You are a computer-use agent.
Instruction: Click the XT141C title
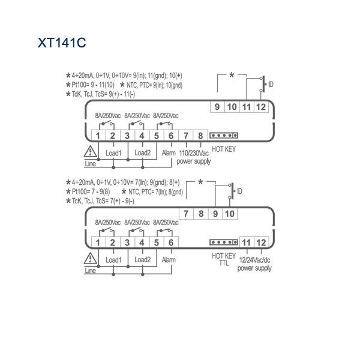[x=62, y=43]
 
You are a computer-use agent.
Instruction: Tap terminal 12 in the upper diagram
[x=261, y=107]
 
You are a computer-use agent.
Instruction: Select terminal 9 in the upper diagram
[x=217, y=107]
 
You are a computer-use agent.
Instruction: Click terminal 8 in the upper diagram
[x=200, y=136]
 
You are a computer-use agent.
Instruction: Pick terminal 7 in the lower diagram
[x=186, y=214]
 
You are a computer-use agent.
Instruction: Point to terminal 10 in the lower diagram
[x=230, y=214]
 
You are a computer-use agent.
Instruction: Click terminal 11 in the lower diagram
[x=247, y=242]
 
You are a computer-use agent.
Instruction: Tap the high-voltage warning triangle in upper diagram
[x=90, y=151]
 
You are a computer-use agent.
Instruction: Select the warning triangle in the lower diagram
[x=90, y=258]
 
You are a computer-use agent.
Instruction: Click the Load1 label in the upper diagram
[x=113, y=153]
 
